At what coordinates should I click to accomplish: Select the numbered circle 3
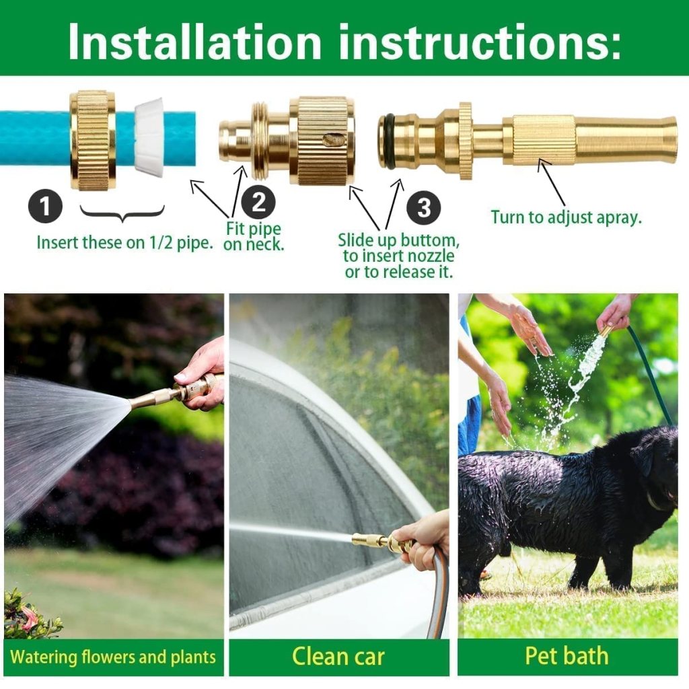click(x=424, y=207)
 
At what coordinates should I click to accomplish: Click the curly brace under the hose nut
click(x=122, y=214)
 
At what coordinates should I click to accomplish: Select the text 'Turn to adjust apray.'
click(x=566, y=217)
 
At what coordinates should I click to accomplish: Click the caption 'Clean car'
click(x=338, y=656)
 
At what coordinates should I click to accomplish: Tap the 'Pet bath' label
click(x=567, y=656)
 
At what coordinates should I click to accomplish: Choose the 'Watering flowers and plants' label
click(x=113, y=657)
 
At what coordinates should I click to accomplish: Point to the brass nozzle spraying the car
click(x=371, y=540)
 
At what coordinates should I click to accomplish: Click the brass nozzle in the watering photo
click(x=168, y=395)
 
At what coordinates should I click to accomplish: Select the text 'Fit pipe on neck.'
click(x=253, y=236)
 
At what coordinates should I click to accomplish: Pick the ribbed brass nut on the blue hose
click(x=92, y=139)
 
